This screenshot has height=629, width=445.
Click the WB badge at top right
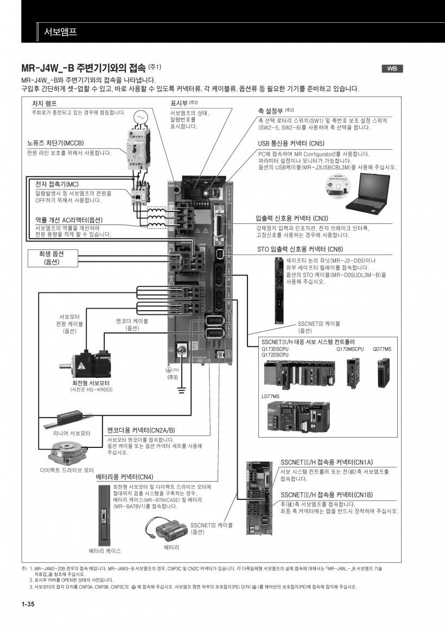click(392, 68)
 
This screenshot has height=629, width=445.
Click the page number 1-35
click(28, 604)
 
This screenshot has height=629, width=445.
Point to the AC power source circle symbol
click(140, 117)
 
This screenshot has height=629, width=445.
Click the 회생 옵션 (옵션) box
click(52, 258)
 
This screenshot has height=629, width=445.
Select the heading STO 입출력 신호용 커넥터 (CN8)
click(300, 249)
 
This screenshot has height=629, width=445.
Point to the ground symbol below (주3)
click(182, 389)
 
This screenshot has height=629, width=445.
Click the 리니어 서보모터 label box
click(71, 433)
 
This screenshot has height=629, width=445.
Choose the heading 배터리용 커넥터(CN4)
click(125, 477)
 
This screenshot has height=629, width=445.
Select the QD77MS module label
click(382, 349)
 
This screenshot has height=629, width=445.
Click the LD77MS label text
click(271, 396)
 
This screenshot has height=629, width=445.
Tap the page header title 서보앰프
click(60, 32)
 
